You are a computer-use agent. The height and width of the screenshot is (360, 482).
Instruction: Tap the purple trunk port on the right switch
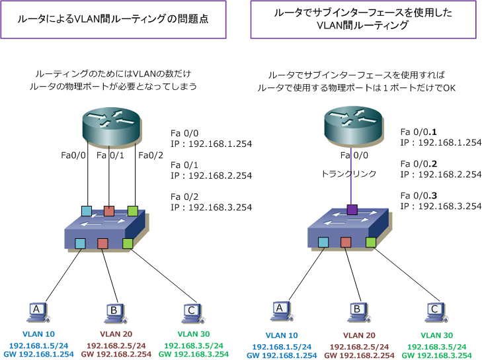tap(351, 210)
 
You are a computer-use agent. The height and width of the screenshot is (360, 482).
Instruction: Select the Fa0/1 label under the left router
tap(110, 156)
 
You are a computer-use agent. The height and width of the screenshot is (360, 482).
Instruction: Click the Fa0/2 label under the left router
tap(150, 156)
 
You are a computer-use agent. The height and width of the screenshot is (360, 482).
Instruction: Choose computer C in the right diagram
tap(434, 309)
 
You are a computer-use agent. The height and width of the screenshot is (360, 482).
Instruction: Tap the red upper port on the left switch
tap(109, 211)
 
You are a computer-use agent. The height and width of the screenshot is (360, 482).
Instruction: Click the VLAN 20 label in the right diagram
tap(358, 336)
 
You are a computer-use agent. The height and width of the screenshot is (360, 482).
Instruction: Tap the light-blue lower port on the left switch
tap(81, 244)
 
